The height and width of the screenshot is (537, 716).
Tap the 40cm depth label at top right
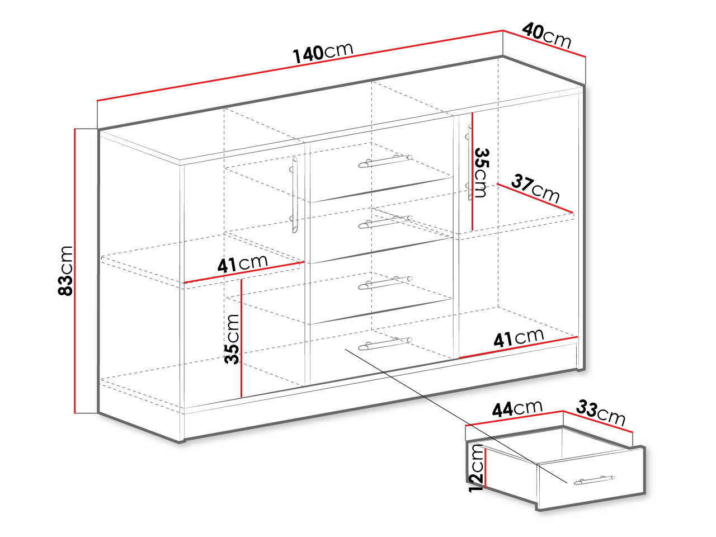click(547, 35)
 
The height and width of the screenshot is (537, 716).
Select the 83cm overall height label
click(65, 271)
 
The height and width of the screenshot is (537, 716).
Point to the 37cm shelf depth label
click(535, 189)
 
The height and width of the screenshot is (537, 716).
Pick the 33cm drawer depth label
click(601, 413)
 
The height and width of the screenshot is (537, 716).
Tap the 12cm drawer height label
click(476, 468)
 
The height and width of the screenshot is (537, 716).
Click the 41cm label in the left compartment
click(242, 263)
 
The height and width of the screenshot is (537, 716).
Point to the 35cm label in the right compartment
click(482, 173)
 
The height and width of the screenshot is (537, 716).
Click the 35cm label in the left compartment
click(232, 339)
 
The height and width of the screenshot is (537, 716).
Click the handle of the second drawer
click(385, 222)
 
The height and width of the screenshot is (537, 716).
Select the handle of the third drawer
click(385, 282)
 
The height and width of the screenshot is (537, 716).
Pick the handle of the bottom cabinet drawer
click(385, 343)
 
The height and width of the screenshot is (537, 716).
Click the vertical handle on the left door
click(295, 195)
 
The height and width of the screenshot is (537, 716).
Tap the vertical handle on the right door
click(470, 162)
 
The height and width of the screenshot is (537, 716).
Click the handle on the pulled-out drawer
click(594, 480)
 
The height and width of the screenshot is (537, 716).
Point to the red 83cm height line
click(75, 271)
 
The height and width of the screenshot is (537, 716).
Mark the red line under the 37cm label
click(535, 199)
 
